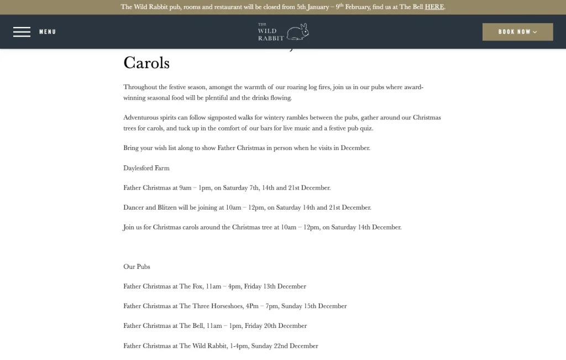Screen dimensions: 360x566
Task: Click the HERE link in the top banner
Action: click(434, 7)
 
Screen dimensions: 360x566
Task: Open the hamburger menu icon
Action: click(22, 32)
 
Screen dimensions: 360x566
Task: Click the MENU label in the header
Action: click(48, 32)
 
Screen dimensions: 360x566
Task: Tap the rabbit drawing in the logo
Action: click(298, 32)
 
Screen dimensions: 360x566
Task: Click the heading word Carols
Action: click(146, 63)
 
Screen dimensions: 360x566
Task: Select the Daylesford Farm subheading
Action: click(146, 168)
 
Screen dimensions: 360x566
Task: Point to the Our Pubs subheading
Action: click(137, 267)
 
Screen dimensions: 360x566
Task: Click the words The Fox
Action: click(191, 286)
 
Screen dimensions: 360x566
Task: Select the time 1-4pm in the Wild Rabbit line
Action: click(238, 346)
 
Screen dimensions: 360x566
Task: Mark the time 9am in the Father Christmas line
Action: click(185, 188)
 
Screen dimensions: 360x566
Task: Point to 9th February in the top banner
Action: click(355, 7)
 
